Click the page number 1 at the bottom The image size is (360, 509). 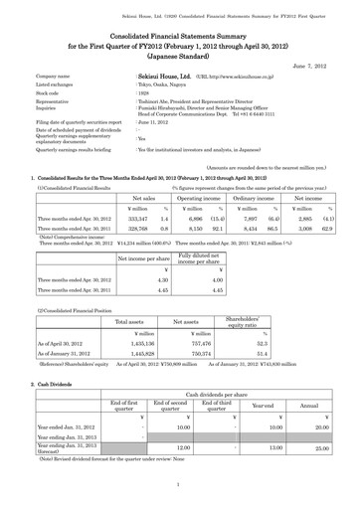click(179, 485)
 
